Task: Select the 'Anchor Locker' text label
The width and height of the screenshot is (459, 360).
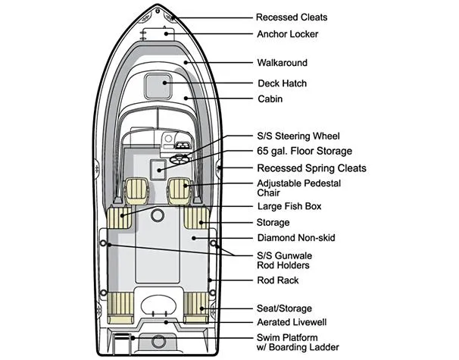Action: pyautogui.click(x=287, y=34)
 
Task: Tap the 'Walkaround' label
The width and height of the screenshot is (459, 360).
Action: pyautogui.click(x=282, y=63)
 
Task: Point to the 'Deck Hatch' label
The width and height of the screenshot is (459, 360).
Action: pyautogui.click(x=282, y=83)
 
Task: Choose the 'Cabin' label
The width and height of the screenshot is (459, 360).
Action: pyautogui.click(x=270, y=99)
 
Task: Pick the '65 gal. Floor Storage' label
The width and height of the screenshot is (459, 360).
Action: pyautogui.click(x=304, y=152)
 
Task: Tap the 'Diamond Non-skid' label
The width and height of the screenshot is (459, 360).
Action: pyautogui.click(x=296, y=238)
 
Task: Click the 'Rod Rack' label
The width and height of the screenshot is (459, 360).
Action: pyautogui.click(x=278, y=280)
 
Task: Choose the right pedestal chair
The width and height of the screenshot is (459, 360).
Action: pyautogui.click(x=180, y=191)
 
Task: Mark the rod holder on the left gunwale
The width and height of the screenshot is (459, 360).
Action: pyautogui.click(x=103, y=243)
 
